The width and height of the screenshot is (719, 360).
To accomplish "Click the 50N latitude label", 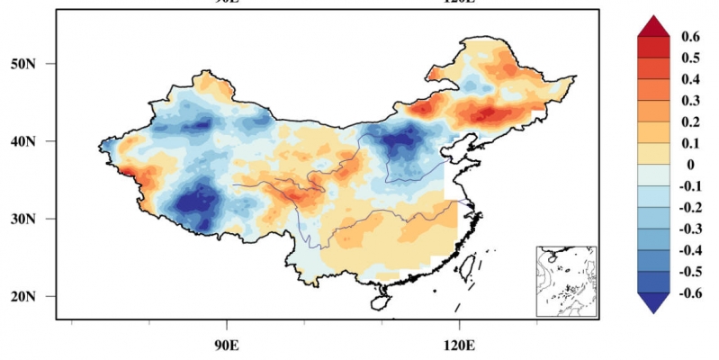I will click(x=33, y=64).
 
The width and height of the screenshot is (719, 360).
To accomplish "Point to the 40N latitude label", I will click(x=33, y=141).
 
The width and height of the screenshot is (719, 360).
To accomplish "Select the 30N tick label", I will click(x=33, y=219).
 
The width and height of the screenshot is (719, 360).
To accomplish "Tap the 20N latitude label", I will click(x=33, y=296).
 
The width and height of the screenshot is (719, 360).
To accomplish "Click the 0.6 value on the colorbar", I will click(x=690, y=37).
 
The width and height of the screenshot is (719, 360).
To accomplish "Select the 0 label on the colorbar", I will click(x=686, y=164).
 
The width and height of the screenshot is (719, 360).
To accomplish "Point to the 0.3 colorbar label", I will click(x=690, y=100).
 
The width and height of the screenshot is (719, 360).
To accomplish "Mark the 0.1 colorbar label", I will click(x=690, y=142).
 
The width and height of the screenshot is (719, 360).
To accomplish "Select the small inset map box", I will click(x=566, y=281).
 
